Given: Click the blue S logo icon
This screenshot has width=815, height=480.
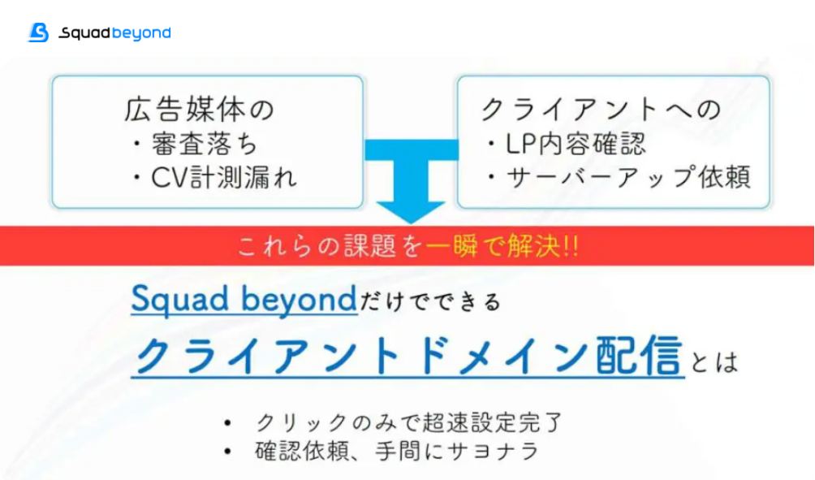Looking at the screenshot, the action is pyautogui.click(x=38, y=32).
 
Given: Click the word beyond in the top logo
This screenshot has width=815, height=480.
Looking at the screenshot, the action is pyautogui.click(x=141, y=33).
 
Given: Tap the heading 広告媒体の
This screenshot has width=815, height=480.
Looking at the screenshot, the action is pyautogui.click(x=199, y=109).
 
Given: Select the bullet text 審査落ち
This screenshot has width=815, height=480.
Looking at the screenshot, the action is pyautogui.click(x=205, y=144).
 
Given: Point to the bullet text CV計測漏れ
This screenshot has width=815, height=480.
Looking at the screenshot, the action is pyautogui.click(x=224, y=177).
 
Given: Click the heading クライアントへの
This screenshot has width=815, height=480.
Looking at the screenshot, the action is pyautogui.click(x=601, y=109).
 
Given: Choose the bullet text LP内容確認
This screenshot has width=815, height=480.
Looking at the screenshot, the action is pyautogui.click(x=576, y=144).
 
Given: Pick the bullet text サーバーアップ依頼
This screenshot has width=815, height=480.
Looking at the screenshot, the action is pyautogui.click(x=628, y=177).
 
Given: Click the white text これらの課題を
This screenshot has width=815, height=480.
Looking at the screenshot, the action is pyautogui.click(x=330, y=246).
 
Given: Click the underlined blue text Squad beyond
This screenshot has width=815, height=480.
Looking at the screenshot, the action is pyautogui.click(x=244, y=299).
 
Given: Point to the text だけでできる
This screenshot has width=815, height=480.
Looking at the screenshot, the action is pyautogui.click(x=430, y=301).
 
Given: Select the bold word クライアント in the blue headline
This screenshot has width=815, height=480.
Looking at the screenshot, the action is pyautogui.click(x=266, y=357).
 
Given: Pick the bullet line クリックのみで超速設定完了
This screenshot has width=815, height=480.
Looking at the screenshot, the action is pyautogui.click(x=409, y=422).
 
